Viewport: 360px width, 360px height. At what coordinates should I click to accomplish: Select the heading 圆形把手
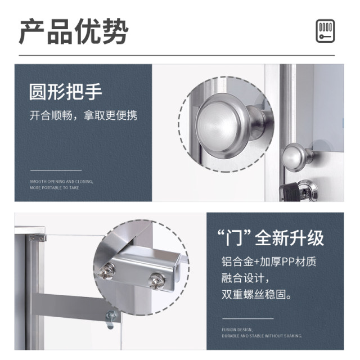[x=66, y=92]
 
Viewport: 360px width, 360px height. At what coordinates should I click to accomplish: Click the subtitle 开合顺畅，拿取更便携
[x=83, y=116]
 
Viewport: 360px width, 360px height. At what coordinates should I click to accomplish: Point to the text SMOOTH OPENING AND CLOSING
[x=61, y=182]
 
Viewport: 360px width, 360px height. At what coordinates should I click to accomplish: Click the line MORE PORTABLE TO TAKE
[x=55, y=188]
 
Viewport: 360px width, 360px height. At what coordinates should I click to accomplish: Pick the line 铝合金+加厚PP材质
[x=268, y=262]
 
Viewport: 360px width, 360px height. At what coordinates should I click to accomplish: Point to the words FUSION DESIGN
[x=237, y=329]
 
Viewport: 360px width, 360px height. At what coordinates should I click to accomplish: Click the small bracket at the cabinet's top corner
[x=38, y=237]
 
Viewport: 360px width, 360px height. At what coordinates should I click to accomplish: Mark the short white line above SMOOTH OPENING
[x=56, y=170]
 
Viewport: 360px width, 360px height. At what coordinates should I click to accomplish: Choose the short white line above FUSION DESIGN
[x=247, y=319]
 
